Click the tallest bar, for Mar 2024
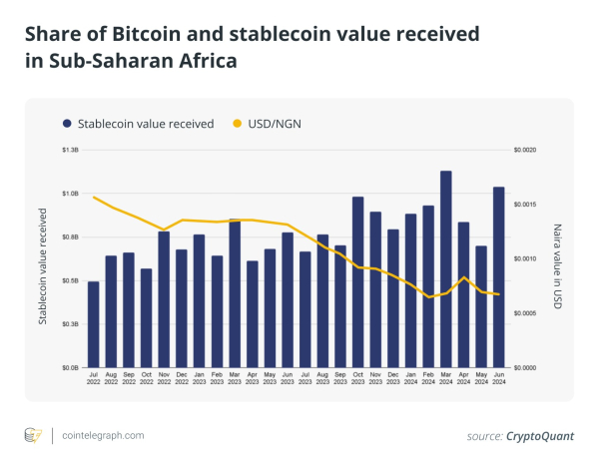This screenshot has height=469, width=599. click(445, 269)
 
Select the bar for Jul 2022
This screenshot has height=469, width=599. click(94, 324)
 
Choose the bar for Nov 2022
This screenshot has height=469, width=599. click(164, 299)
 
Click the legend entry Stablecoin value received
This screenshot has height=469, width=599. click(145, 124)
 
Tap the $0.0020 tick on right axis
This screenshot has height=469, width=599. click(525, 150)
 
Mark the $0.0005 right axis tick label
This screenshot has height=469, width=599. click(525, 313)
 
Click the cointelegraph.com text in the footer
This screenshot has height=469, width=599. click(103, 435)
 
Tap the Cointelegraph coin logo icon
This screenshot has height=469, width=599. click(34, 435)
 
